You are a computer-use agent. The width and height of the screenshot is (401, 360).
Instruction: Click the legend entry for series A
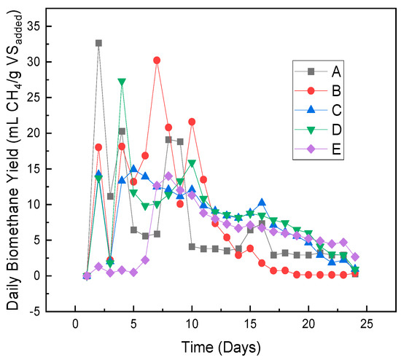point(321,71)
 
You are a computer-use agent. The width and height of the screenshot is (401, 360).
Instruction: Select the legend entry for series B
point(321,91)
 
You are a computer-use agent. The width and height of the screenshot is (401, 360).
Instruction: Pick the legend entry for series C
point(321,111)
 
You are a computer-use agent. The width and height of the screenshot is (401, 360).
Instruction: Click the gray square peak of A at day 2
point(98,43)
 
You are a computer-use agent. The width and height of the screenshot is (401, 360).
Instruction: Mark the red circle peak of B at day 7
point(157,60)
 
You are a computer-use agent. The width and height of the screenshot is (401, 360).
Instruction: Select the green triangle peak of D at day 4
point(122,82)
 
